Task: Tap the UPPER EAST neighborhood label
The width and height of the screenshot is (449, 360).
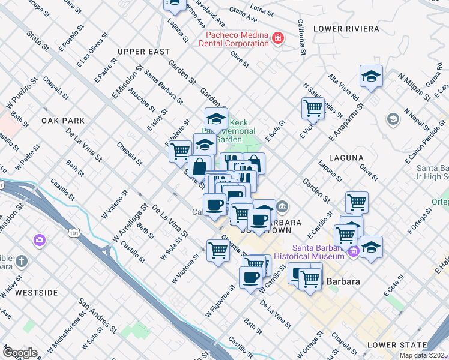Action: click(144, 52)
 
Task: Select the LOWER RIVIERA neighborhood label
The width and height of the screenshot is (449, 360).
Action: click(346, 29)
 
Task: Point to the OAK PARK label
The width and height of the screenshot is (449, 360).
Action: click(63, 121)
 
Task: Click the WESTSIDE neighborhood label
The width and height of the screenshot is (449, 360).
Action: click(37, 293)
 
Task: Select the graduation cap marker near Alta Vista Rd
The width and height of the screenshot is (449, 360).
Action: click(371, 76)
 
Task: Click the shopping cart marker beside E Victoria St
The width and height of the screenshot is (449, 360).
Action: click(313, 108)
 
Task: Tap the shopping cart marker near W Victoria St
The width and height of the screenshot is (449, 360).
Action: click(218, 250)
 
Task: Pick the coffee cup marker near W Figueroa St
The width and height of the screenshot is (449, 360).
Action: click(250, 277)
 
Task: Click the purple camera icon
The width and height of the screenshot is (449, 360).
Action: click(40, 240)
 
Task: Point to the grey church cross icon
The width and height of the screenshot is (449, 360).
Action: click(21, 261)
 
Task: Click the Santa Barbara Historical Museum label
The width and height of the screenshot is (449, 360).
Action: click(318, 253)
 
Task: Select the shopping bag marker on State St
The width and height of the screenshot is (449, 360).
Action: click(200, 166)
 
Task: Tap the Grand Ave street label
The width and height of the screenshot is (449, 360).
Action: click(243, 11)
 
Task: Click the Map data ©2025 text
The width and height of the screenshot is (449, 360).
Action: click(423, 355)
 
